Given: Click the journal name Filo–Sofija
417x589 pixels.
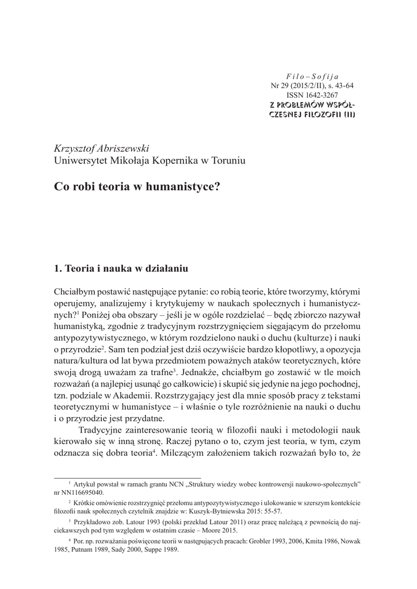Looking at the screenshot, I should tap(312, 76).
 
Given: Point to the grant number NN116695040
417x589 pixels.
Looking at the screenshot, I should tap(85, 493).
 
